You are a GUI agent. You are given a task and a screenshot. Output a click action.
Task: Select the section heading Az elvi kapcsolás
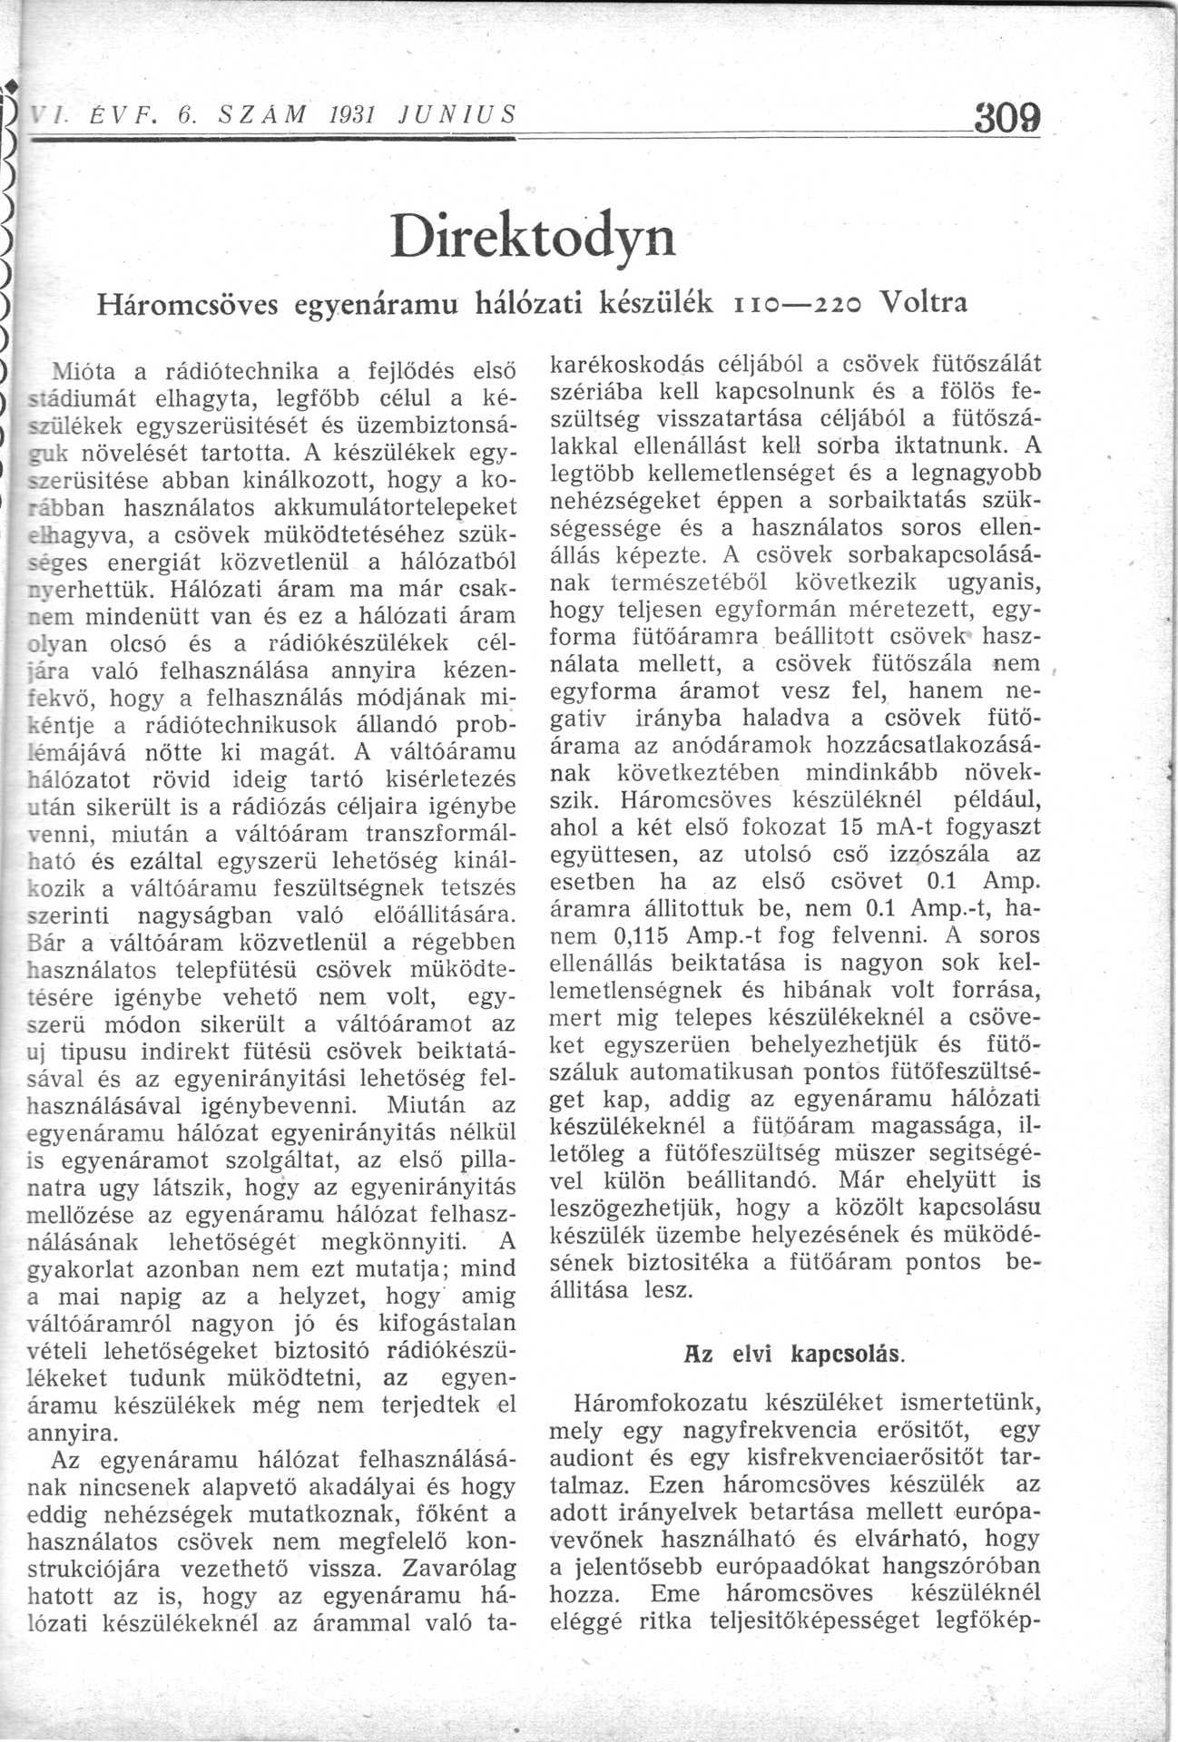tap(794, 1355)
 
